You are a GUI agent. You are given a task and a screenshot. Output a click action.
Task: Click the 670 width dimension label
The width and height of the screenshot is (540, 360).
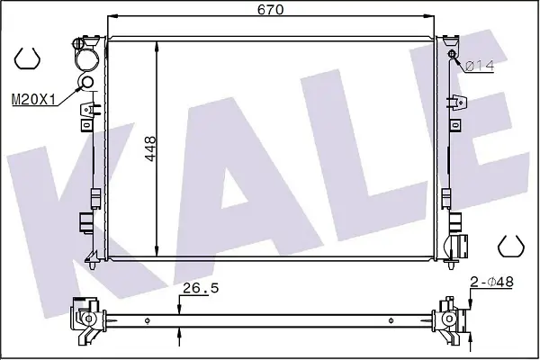click(x=270, y=9)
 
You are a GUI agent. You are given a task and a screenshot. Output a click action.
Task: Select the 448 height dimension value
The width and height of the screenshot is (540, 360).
click(x=150, y=148)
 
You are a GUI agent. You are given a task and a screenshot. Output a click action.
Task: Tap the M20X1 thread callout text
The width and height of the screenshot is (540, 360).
click(x=33, y=100)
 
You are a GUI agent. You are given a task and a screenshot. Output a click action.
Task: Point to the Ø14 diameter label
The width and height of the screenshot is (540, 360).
click(x=480, y=66)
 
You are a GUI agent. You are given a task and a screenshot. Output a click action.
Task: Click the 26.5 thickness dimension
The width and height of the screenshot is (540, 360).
click(x=201, y=288)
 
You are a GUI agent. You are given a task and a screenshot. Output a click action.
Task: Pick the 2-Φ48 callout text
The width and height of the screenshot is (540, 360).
click(x=491, y=282)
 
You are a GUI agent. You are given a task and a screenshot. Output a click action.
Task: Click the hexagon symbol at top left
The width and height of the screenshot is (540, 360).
click(x=27, y=58)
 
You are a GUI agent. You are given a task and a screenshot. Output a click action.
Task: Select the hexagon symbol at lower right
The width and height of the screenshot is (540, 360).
click(x=511, y=246)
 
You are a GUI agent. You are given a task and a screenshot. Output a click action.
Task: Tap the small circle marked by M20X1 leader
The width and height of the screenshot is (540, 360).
click(x=86, y=82)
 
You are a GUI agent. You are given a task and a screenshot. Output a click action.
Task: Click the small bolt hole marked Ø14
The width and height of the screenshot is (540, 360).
click(x=452, y=54)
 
